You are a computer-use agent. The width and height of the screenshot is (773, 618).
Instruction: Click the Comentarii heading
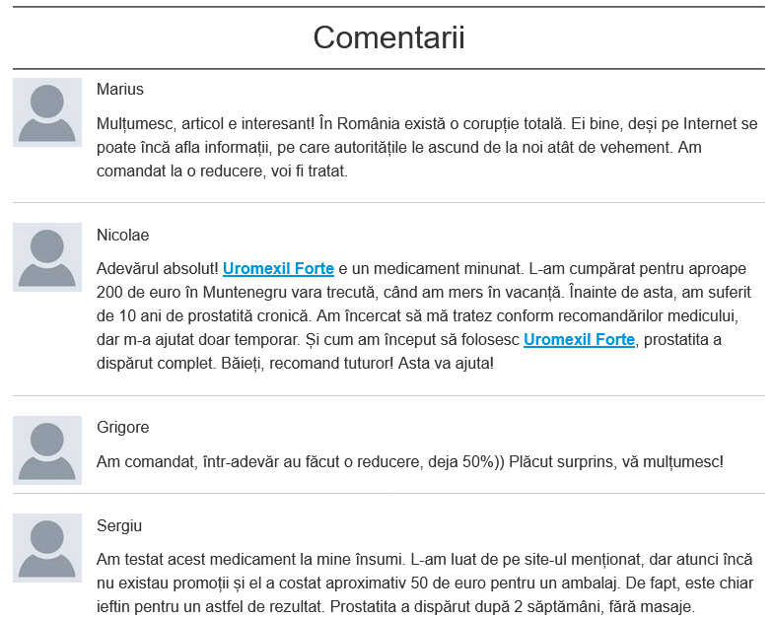(x=388, y=38)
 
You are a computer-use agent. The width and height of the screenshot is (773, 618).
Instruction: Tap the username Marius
(x=120, y=90)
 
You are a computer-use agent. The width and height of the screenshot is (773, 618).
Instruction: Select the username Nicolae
(x=123, y=235)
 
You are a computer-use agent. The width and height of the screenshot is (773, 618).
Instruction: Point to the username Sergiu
(x=119, y=525)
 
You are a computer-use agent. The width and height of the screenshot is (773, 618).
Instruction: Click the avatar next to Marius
(x=47, y=112)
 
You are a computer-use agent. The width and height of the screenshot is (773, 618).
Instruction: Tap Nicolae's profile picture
(x=47, y=257)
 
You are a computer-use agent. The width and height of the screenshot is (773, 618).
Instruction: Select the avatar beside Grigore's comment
(x=47, y=450)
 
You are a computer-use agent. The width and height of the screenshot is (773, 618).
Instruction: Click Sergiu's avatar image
(x=47, y=548)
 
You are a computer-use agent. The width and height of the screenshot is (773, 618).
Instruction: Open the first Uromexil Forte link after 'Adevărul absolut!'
(x=278, y=268)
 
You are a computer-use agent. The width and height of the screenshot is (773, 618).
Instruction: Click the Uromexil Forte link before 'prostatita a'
(x=579, y=340)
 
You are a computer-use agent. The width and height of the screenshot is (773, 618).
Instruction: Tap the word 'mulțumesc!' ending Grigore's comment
(x=681, y=461)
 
